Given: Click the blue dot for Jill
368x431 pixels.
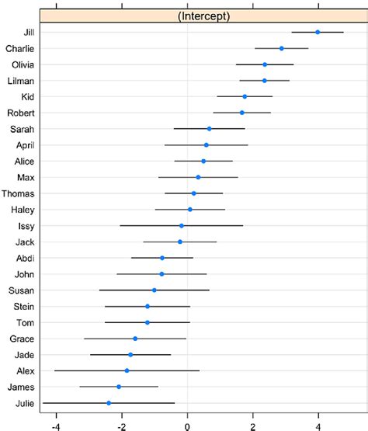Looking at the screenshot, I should click(318, 32).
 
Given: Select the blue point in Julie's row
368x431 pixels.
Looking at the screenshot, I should click(109, 403).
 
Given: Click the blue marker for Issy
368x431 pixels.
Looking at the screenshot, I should click(182, 225).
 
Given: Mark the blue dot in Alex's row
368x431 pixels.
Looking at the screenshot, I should click(127, 370).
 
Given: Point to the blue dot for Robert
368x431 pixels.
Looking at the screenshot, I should click(242, 113).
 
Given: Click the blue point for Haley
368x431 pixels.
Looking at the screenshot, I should click(189, 209).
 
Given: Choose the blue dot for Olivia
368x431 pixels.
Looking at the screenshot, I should click(265, 64).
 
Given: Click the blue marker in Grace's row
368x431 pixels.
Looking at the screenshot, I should click(135, 339).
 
